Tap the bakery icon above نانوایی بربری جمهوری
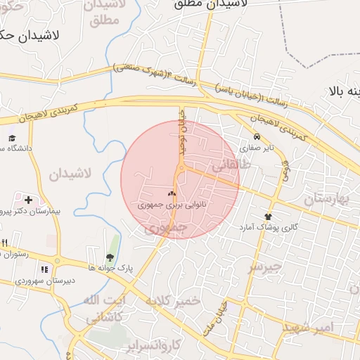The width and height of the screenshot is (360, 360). tap(172, 193)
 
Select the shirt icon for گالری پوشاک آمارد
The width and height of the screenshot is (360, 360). tap(268, 217)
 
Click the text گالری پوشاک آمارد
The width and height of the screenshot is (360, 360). tap(268, 227)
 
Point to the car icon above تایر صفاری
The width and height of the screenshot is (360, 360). tap(257, 137)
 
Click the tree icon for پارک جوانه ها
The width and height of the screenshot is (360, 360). tap(110, 257)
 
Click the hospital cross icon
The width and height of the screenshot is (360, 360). tap(28, 200)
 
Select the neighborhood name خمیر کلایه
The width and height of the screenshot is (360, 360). tap(173, 301)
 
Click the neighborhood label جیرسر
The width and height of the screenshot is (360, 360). tap(264, 267)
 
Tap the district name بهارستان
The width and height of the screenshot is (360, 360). tap(328, 200)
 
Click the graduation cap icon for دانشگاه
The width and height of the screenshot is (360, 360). tap(11, 139)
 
